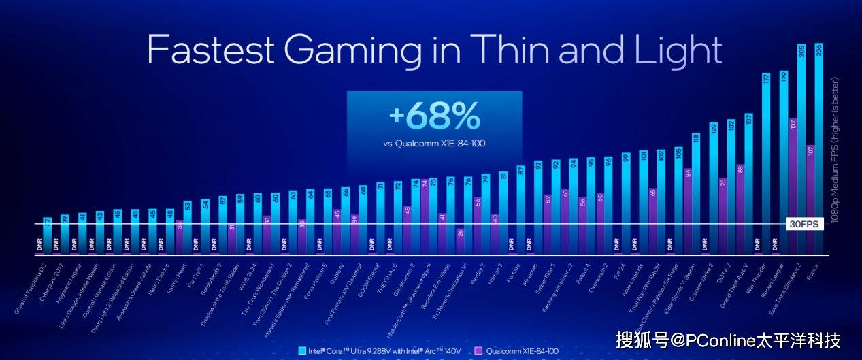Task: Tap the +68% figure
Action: [x=434, y=117]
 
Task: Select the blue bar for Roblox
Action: [x=818, y=157]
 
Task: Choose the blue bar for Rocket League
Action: [x=784, y=163]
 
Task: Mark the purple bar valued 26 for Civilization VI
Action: [x=460, y=242]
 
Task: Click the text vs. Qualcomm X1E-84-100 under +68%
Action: [x=434, y=144]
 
